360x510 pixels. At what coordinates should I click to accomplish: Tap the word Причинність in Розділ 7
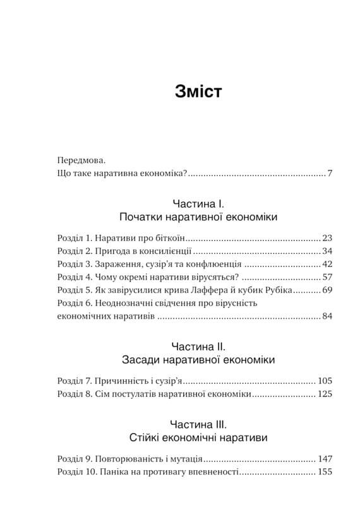click(118, 381)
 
